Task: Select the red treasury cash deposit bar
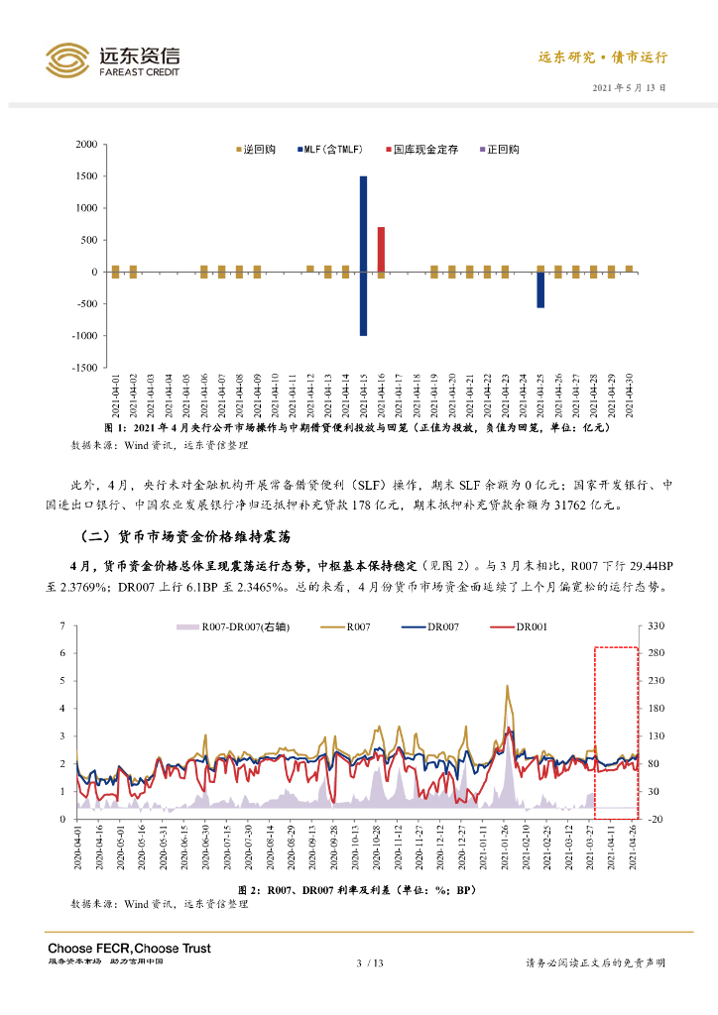[x=381, y=249]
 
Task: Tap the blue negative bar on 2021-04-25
[x=540, y=289]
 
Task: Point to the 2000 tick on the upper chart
[x=86, y=145]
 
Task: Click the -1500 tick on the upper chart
[x=84, y=368]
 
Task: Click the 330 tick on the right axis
[x=656, y=626]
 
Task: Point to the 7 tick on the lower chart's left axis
[x=62, y=626]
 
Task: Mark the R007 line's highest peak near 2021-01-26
[x=508, y=686]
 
